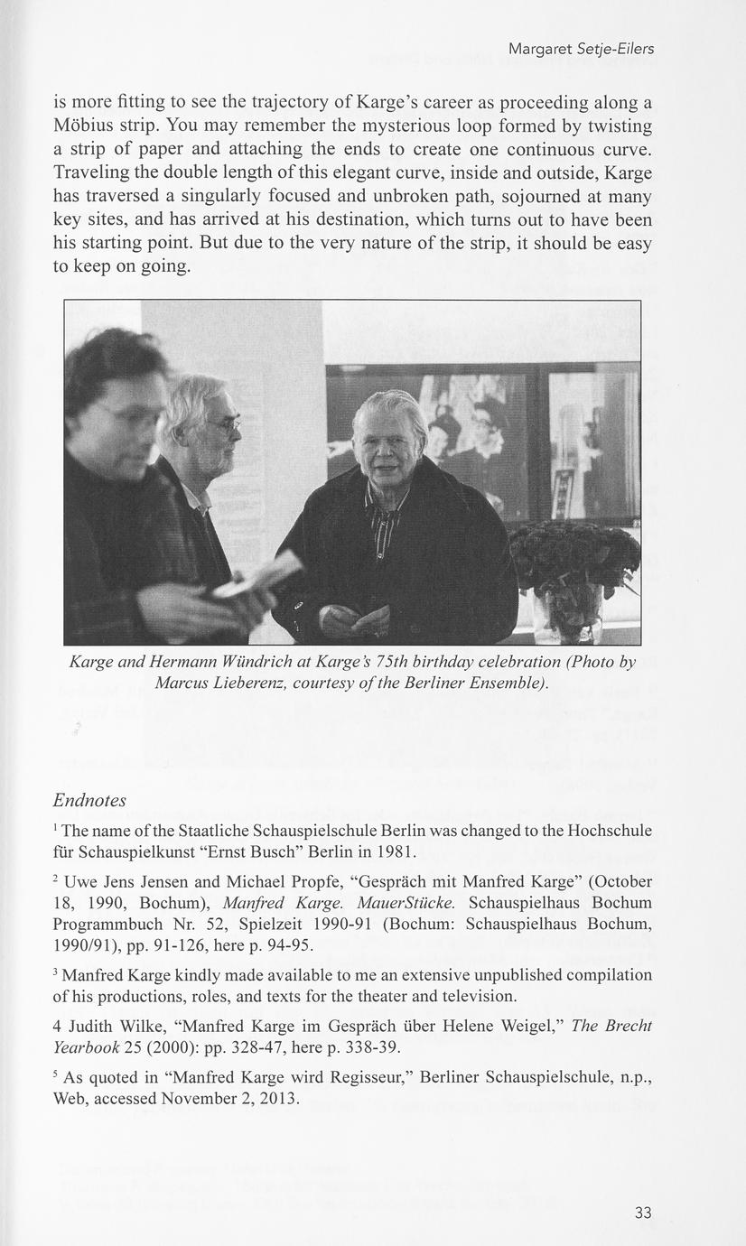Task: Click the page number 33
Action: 642,1213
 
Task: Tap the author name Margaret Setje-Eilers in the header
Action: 581,49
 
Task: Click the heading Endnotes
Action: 89,801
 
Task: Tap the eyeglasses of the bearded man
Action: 223,423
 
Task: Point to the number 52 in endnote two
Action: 210,924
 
